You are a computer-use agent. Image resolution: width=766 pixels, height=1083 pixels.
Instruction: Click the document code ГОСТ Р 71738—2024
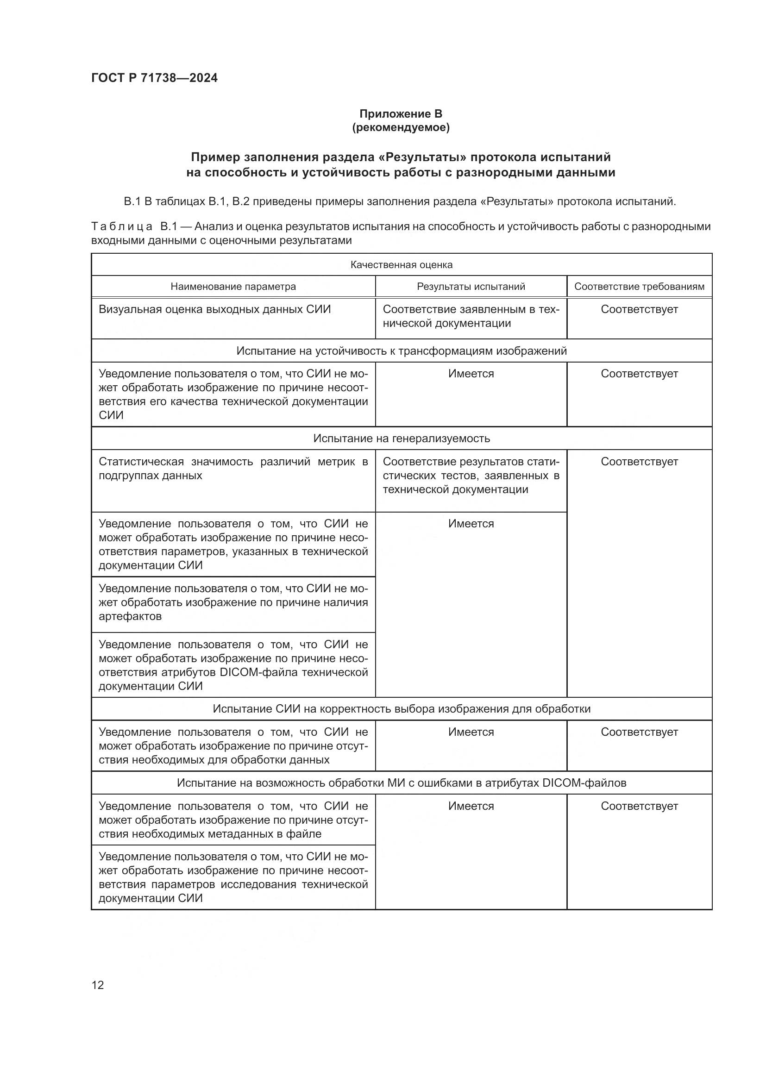pos(154,78)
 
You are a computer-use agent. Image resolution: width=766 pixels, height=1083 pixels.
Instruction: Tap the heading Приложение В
pos(401,114)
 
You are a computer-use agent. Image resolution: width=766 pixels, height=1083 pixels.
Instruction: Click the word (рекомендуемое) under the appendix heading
pos(401,127)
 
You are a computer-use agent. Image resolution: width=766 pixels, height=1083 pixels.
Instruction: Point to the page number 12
pos(98,985)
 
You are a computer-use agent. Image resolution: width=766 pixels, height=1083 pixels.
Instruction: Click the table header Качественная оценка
pos(401,265)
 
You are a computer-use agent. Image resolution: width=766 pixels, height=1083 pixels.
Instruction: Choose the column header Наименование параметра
pos(233,286)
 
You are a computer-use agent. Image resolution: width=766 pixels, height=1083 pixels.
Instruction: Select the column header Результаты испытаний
pos(471,286)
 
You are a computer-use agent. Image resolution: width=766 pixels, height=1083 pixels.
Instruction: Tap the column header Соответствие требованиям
pos(639,286)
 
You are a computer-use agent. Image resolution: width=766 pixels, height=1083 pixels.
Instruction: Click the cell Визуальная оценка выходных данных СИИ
pos(214,309)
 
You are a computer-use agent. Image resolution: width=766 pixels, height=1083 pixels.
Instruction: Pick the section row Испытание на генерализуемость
pos(401,438)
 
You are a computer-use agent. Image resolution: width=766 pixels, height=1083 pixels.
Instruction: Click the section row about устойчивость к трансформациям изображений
pos(401,351)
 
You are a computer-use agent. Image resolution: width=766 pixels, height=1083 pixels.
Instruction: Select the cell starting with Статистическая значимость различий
pos(233,469)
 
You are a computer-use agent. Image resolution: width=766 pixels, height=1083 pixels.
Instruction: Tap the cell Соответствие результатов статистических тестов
pos(471,476)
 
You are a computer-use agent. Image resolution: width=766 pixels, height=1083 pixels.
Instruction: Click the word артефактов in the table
pos(130,616)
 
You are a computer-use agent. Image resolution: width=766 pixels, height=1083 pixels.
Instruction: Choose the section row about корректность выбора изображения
pos(401,709)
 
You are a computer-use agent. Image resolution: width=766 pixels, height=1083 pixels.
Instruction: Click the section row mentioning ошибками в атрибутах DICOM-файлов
pos(401,783)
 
